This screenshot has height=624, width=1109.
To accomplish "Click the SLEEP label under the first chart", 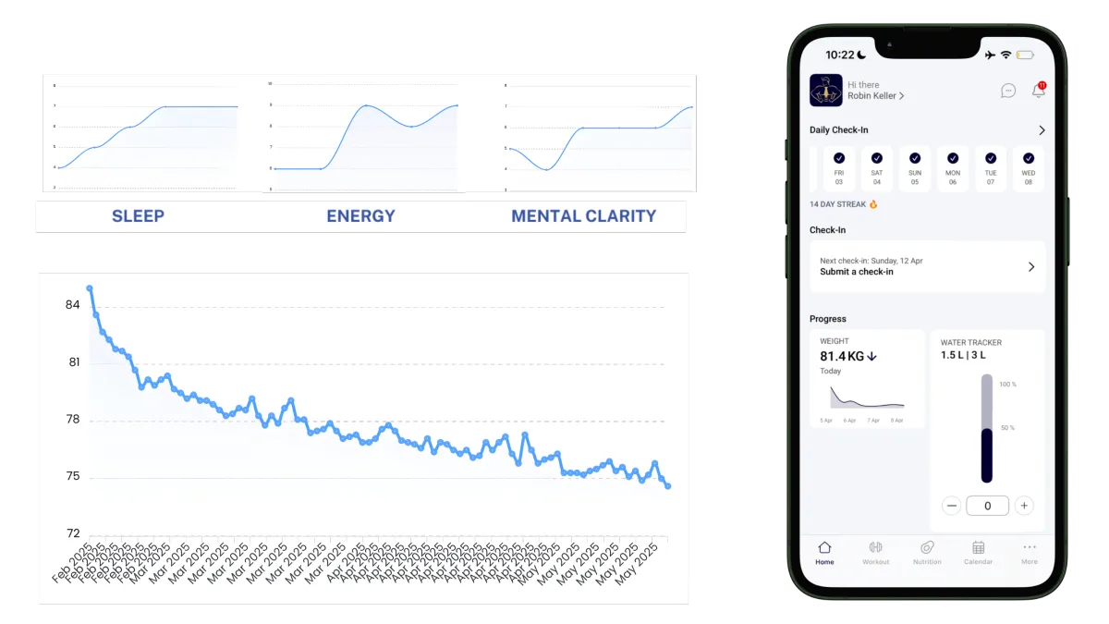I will pyautogui.click(x=138, y=216).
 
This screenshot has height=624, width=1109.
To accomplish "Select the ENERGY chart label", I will pyautogui.click(x=360, y=216).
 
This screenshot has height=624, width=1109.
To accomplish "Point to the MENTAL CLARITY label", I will pyautogui.click(x=583, y=216).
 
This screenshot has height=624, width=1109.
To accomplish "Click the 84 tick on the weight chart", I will pyautogui.click(x=72, y=305).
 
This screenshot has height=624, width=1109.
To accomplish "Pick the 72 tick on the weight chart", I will pyautogui.click(x=72, y=533).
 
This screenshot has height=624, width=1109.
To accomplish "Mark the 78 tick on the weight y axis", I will pyautogui.click(x=72, y=420).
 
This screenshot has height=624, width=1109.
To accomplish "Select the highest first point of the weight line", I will pyautogui.click(x=90, y=288).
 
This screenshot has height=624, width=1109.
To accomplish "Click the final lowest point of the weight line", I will pyautogui.click(x=667, y=486).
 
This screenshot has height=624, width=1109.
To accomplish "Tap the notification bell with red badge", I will pyautogui.click(x=1039, y=90).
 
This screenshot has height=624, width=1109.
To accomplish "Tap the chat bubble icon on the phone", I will pyautogui.click(x=1008, y=91).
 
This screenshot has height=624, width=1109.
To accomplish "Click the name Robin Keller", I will pyautogui.click(x=875, y=96).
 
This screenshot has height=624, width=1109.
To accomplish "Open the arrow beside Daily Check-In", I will pyautogui.click(x=1042, y=130).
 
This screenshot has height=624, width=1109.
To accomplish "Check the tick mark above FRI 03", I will pyautogui.click(x=839, y=158).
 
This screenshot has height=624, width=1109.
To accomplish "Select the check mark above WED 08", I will pyautogui.click(x=1028, y=158).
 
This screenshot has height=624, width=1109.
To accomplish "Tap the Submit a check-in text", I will pyautogui.click(x=857, y=272).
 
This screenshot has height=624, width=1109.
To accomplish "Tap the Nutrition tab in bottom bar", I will pyautogui.click(x=927, y=552).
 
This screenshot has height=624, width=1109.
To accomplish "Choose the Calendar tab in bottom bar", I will pyautogui.click(x=978, y=552).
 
